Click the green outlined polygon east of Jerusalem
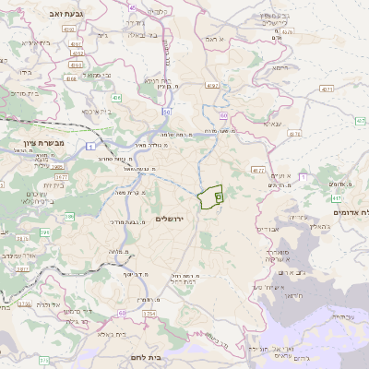pyautogui.click(x=211, y=196)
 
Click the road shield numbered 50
pyautogui.click(x=167, y=112)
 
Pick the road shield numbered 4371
pyautogui.click(x=327, y=89)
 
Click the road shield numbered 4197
pyautogui.click(x=213, y=85)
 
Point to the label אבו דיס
pyautogui.click(x=265, y=229)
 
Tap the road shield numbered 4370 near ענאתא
pyautogui.click(x=295, y=134)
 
